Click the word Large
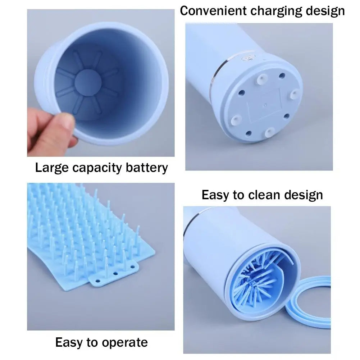(52, 168)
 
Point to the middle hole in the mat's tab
(115, 273)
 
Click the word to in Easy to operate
(94, 342)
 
